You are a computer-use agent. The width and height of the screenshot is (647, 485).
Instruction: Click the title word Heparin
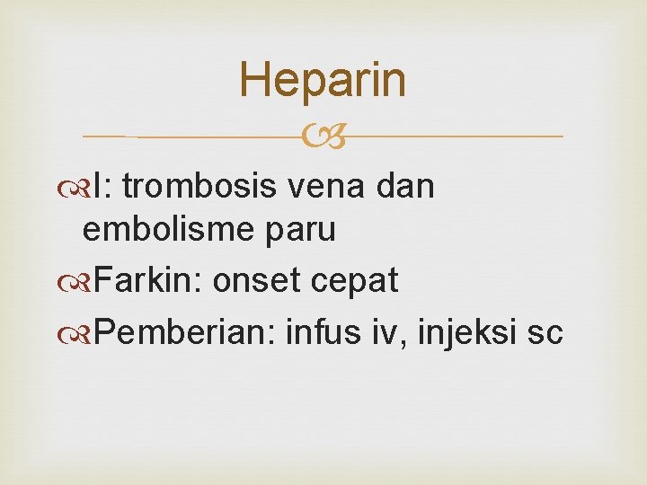323,80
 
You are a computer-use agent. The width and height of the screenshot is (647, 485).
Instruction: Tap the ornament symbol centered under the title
323,137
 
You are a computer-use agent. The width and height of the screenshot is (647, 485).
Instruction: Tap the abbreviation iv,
387,332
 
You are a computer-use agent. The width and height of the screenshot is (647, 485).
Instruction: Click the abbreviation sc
545,333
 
